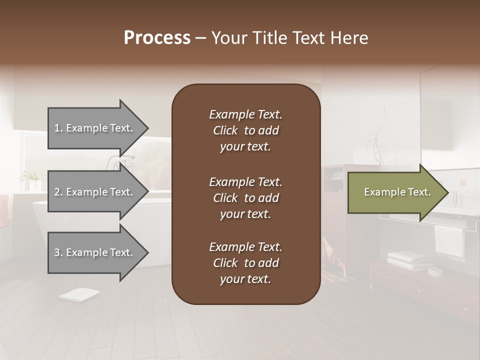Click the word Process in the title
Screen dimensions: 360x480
point(157,38)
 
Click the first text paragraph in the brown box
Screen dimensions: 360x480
point(245,130)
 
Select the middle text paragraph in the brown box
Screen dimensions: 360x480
point(245,198)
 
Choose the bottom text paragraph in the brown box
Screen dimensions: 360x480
point(245,263)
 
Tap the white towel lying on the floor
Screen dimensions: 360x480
point(78,295)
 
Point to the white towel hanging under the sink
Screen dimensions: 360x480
point(448,240)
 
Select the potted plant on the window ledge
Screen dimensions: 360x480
point(31,179)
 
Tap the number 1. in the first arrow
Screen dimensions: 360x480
point(58,128)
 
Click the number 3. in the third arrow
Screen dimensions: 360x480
point(58,252)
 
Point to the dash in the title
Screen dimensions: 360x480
point(201,38)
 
